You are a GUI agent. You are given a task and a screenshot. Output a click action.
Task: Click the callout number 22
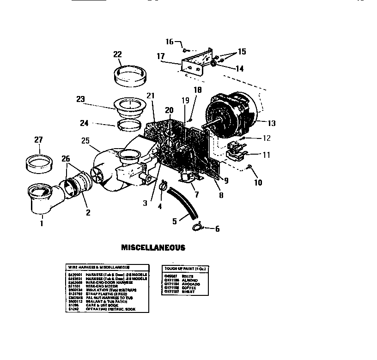117,54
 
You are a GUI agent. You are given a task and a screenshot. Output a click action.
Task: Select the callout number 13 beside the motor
271,123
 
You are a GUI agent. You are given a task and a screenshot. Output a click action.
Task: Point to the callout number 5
175,221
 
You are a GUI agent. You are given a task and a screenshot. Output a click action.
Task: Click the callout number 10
258,183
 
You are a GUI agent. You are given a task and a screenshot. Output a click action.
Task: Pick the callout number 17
160,56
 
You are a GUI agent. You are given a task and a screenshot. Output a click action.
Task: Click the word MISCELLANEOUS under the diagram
153,247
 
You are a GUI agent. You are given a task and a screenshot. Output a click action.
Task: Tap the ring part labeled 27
39,162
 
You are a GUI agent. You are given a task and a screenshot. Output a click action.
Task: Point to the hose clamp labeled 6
198,226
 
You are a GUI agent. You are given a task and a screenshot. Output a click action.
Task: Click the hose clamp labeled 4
164,187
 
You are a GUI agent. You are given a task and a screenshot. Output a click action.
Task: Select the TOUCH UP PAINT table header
183,268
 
